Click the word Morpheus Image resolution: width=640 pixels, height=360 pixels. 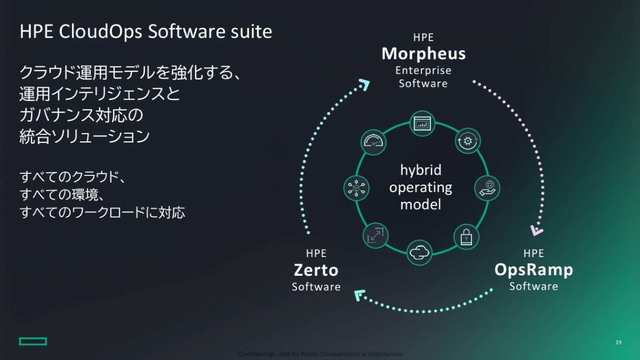click(x=423, y=54)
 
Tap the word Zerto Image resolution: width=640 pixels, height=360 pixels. click(x=316, y=270)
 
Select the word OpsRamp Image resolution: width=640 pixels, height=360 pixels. click(x=533, y=270)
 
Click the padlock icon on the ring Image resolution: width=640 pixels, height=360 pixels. click(x=466, y=236)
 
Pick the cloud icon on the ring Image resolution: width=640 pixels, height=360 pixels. click(x=420, y=252)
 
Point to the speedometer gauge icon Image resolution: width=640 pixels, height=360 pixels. click(x=374, y=141)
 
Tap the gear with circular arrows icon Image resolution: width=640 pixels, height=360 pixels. click(x=468, y=141)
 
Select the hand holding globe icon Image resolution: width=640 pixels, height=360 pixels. click(x=487, y=188)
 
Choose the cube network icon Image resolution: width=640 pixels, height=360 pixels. click(x=356, y=188)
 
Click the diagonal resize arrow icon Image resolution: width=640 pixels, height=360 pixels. click(x=375, y=235)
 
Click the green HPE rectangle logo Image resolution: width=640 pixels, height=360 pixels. click(x=33, y=341)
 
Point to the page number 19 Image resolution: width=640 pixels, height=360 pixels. click(x=618, y=342)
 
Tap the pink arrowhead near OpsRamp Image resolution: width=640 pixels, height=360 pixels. click(x=537, y=230)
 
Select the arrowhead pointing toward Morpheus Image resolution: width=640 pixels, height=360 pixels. click(x=364, y=84)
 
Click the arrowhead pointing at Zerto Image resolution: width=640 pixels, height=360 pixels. click(x=359, y=293)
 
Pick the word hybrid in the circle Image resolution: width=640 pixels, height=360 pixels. click(x=421, y=170)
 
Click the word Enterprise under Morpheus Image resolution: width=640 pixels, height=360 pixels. click(x=423, y=70)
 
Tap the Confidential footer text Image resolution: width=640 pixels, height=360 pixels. click(x=320, y=354)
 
